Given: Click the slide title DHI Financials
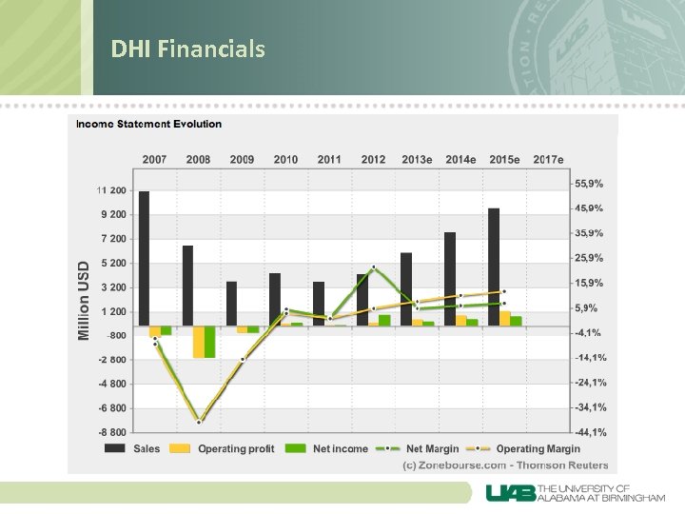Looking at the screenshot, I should point(187,49).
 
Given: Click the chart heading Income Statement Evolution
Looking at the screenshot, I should point(149,124).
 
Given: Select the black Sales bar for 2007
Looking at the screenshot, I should point(144,258).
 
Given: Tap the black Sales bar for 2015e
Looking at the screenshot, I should point(494,267).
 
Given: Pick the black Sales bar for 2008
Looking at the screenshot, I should point(187,286).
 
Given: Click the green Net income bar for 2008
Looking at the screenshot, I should point(209,342).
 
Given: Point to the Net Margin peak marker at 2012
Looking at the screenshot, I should point(374,267).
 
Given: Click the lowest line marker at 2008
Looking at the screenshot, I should point(199,422).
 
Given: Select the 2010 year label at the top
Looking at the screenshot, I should point(285,159).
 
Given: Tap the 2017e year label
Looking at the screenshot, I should point(548,159).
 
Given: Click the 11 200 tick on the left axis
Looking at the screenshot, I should point(111,190).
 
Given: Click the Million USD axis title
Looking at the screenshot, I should point(84,300).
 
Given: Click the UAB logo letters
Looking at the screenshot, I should point(511,493).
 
